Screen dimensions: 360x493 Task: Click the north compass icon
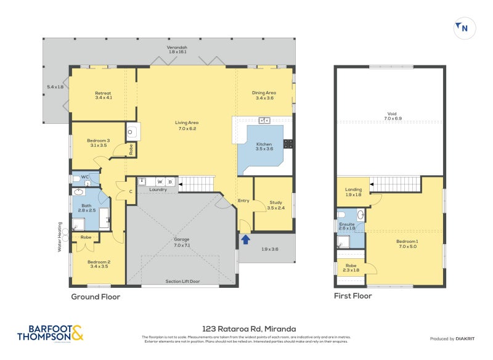[462, 27]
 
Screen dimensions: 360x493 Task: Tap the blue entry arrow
[246, 239]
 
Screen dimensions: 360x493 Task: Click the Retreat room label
[103, 96]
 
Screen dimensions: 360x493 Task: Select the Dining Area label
[263, 96]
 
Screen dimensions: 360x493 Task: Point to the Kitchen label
[264, 146]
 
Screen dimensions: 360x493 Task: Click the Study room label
[275, 205]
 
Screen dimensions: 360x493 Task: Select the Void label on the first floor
[392, 115]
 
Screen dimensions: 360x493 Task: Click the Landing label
[354, 192]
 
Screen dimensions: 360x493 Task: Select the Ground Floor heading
[96, 297]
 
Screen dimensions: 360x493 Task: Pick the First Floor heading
[352, 295]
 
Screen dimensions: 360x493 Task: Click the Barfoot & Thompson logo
[50, 333]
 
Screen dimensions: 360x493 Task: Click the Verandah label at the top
[177, 49]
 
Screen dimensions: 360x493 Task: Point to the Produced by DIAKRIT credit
[455, 338]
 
